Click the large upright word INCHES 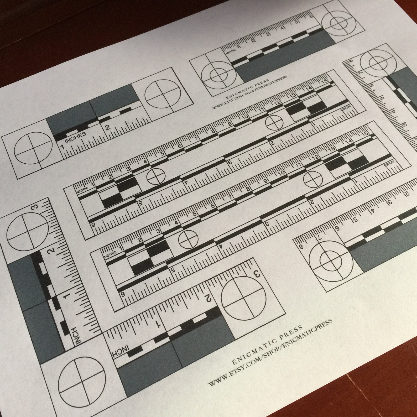pos(75,137)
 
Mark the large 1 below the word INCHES pos(62,147)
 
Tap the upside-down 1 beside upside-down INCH pos(158,324)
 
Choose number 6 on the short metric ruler pos(311,16)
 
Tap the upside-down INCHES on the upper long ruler pos(345,109)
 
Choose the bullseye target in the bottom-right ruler pos(330,260)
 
